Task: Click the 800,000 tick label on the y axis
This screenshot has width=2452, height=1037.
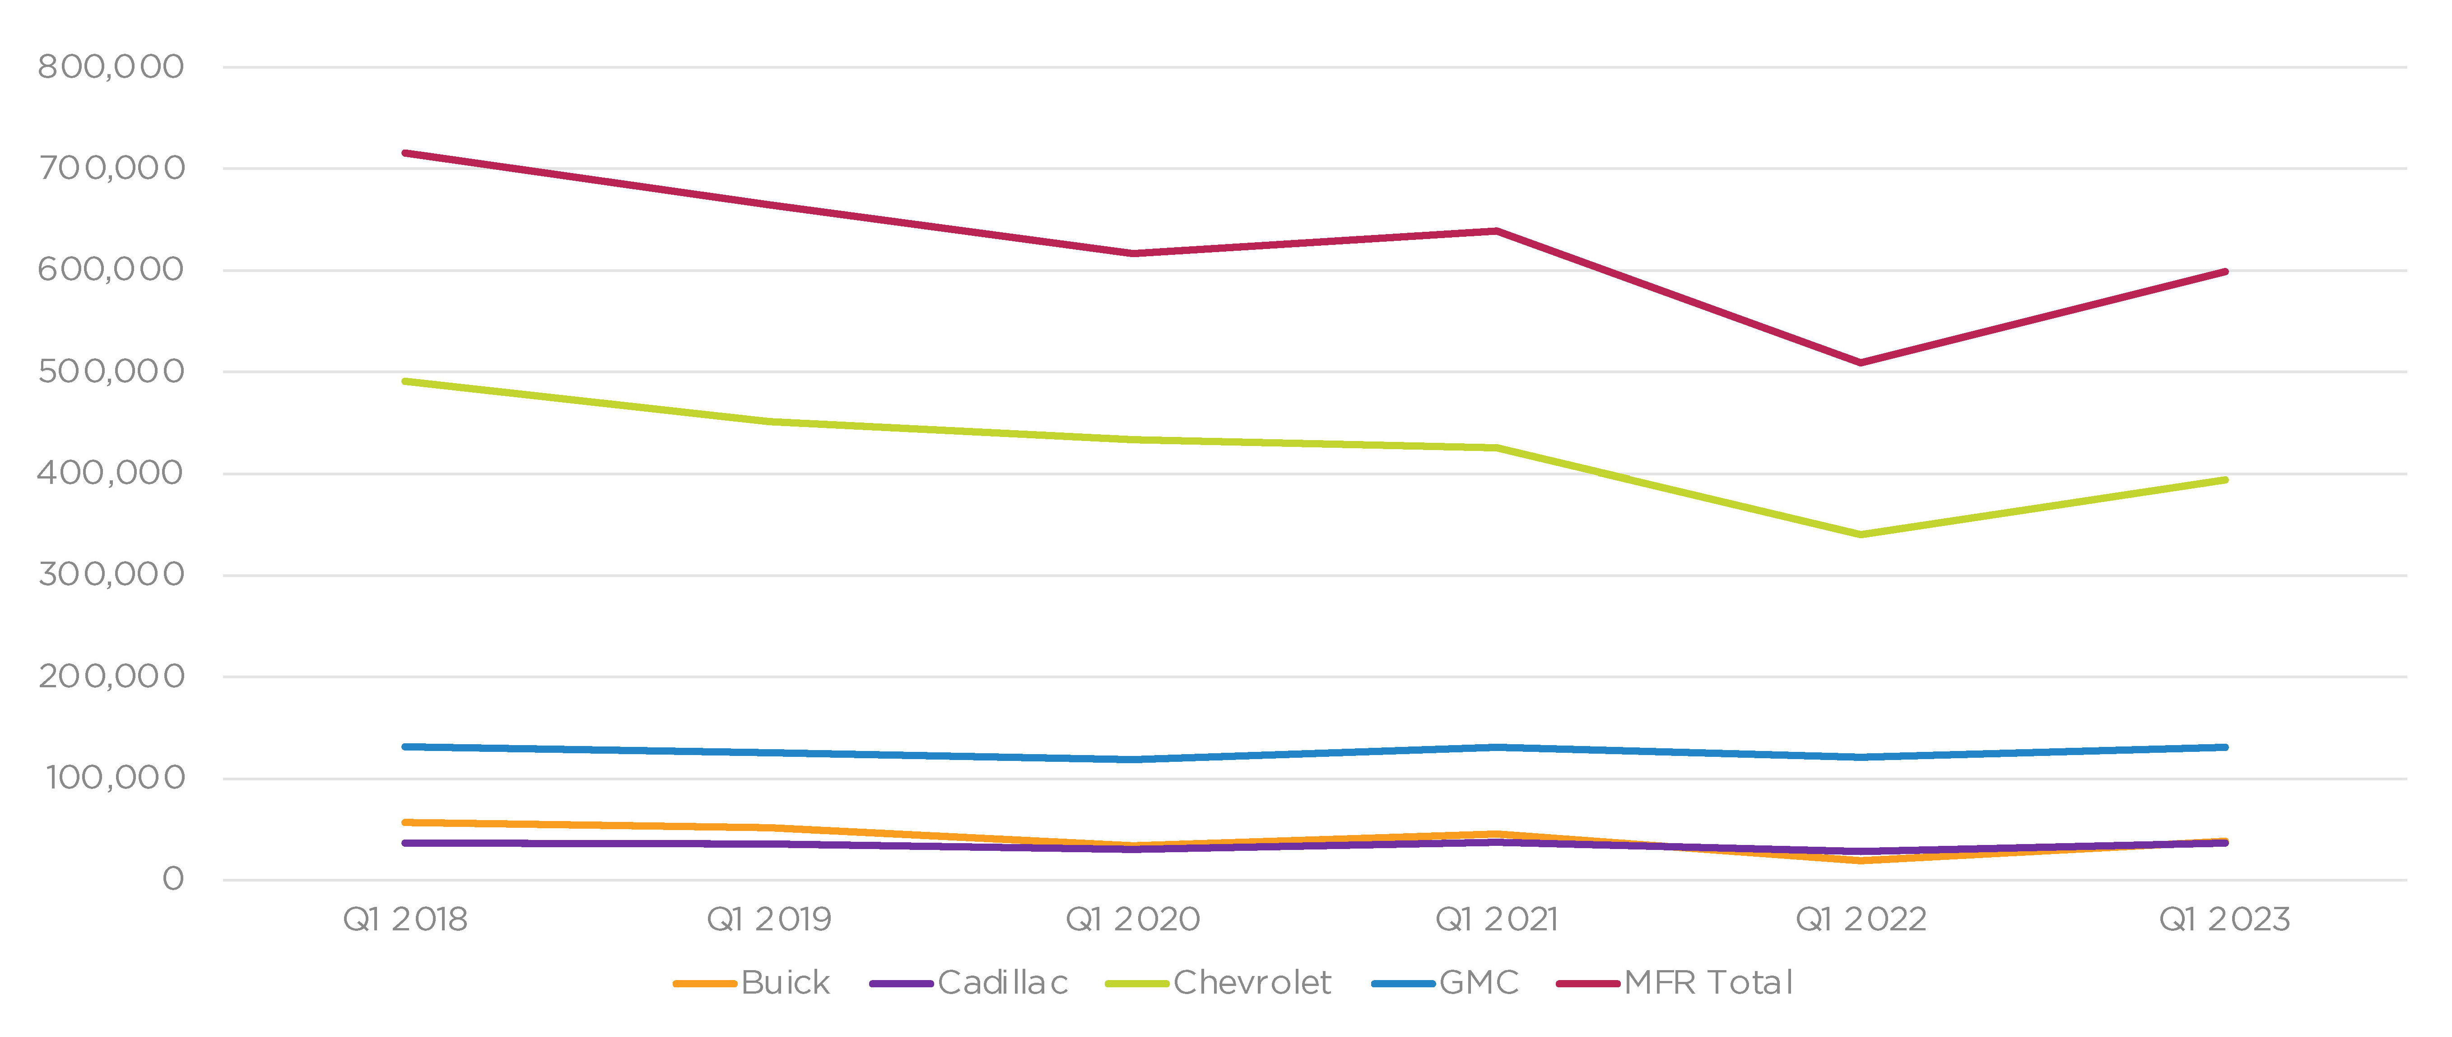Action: [x=111, y=67]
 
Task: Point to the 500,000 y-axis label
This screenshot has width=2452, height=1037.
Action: [x=111, y=371]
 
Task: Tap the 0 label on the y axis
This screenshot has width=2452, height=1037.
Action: [x=172, y=879]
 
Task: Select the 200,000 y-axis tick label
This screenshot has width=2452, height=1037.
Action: [x=111, y=676]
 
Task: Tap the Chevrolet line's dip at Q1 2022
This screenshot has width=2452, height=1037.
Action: [x=1861, y=534]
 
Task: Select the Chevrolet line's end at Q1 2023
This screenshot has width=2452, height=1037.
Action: [x=2224, y=480]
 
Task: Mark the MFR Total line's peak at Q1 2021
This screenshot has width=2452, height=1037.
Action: [x=1496, y=230]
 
